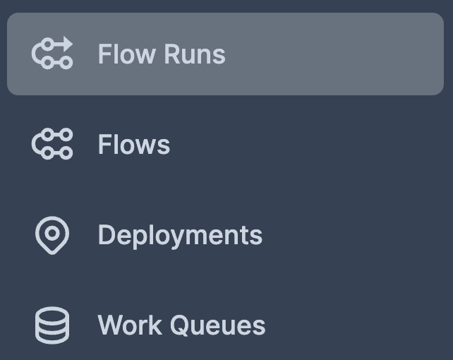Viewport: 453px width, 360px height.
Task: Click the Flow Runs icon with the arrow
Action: [52, 54]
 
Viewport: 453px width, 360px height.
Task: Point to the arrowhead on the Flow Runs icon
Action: [68, 44]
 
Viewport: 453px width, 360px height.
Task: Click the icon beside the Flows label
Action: [52, 144]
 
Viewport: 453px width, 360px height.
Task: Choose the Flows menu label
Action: [134, 145]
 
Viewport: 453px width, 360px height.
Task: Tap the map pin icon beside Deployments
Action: [52, 235]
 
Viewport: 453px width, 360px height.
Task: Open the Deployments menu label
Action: [180, 235]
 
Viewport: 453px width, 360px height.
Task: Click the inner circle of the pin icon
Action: [52, 232]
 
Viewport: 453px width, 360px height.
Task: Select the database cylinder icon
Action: [52, 325]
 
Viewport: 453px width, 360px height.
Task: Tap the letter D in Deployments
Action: [106, 235]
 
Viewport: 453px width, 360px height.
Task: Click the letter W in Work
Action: [109, 325]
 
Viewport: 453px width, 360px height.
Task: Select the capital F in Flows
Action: [104, 145]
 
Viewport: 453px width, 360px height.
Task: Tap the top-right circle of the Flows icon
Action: [66, 134]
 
